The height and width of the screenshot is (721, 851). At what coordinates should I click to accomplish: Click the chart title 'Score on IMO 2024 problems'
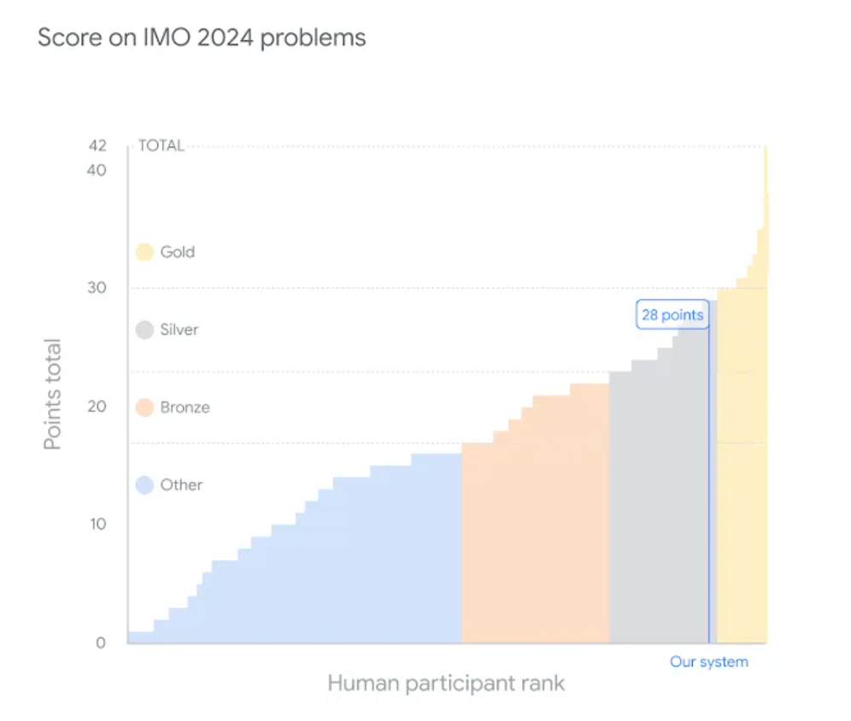(x=202, y=38)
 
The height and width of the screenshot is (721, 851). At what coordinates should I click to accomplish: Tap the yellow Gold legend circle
(x=144, y=252)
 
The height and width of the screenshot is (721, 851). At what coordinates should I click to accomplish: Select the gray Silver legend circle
(x=144, y=330)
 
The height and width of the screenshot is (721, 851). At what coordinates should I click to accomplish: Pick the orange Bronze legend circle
(x=144, y=407)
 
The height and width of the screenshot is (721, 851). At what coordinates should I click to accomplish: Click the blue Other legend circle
(x=144, y=485)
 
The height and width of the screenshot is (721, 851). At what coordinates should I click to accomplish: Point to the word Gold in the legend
(x=178, y=252)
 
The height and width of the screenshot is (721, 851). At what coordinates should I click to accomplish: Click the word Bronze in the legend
(x=185, y=407)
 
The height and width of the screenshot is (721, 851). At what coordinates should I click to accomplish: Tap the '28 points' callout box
(x=672, y=315)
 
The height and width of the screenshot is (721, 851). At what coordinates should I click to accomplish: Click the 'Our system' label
(x=708, y=662)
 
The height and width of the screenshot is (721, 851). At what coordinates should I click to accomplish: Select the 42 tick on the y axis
(x=97, y=146)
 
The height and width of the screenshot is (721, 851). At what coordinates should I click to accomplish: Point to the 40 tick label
(x=97, y=170)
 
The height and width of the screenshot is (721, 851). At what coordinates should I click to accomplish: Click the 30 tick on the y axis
(x=97, y=288)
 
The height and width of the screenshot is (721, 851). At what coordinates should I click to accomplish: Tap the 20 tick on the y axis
(x=97, y=406)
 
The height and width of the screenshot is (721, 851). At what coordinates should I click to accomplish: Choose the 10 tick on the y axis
(x=97, y=524)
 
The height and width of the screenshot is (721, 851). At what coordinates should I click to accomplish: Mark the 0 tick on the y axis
(x=101, y=642)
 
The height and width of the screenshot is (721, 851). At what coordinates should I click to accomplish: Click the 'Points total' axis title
(x=54, y=395)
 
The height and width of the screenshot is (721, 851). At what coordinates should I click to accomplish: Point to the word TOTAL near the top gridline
(x=161, y=146)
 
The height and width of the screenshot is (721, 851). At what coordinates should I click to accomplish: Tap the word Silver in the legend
(x=179, y=330)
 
